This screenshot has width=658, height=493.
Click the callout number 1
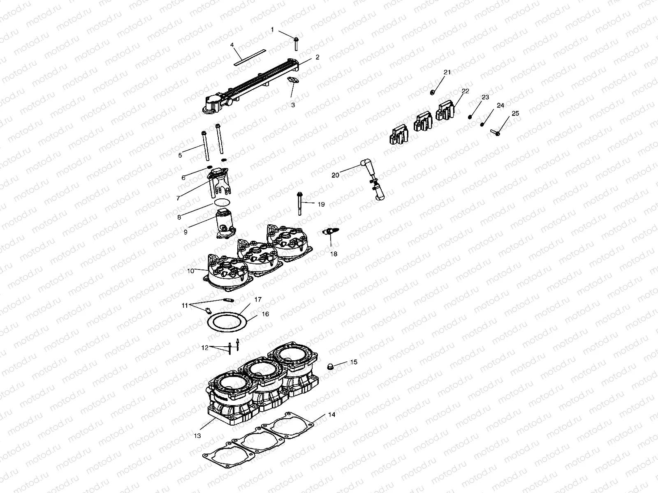pos(272,30)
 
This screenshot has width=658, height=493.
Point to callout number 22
pos(465,91)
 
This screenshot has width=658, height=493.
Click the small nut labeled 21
pos(433,92)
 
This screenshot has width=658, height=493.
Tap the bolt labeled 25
pos(495,132)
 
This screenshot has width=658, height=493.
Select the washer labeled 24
pos(482,124)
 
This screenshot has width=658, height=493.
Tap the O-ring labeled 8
pos(222,203)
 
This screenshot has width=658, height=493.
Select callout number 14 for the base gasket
pos(331,415)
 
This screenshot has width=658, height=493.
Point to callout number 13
pos(197,435)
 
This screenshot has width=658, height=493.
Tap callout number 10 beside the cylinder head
pos(190,271)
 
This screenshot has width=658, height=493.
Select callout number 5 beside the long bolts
pos(180,155)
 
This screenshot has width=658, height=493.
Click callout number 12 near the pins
pos(205,348)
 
